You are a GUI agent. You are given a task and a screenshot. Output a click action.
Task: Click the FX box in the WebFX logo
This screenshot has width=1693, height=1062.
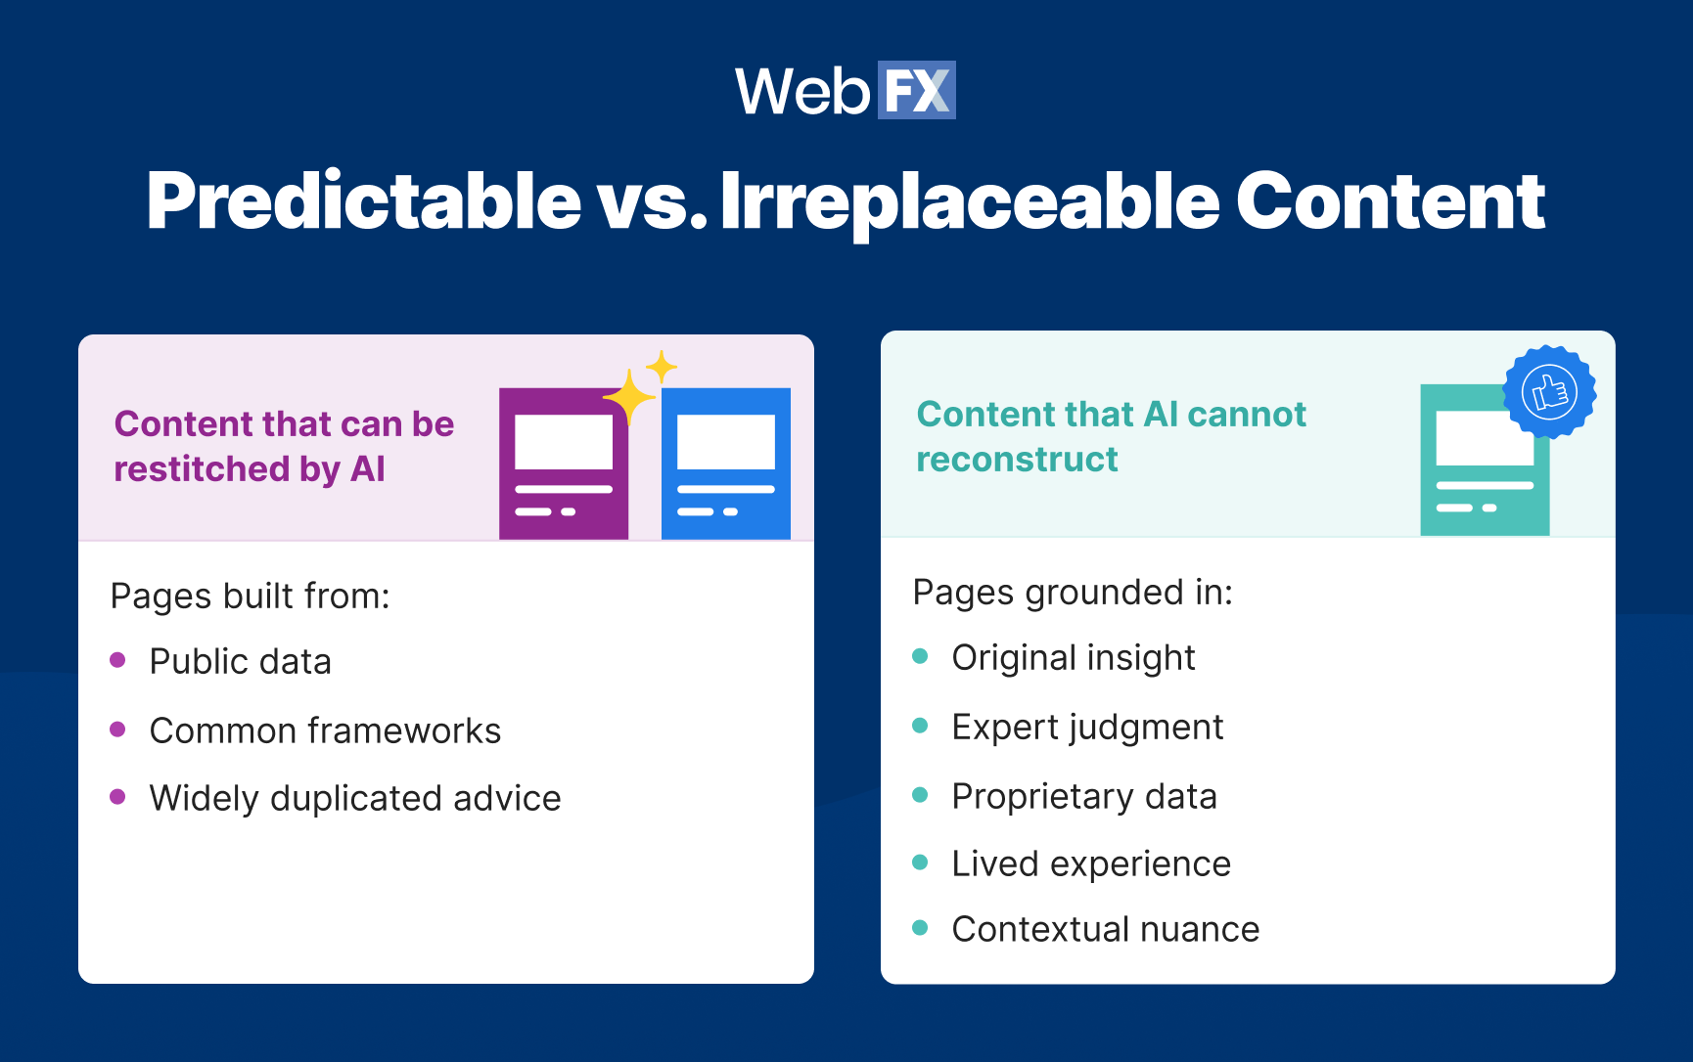point(916,91)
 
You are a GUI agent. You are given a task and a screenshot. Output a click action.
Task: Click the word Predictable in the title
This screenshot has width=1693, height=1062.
point(364,202)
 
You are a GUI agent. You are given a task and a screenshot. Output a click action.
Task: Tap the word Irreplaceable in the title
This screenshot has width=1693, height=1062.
point(969,202)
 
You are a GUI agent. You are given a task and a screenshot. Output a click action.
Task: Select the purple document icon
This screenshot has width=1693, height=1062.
point(564,464)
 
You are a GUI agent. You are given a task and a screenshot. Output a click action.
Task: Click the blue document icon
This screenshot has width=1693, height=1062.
point(725,464)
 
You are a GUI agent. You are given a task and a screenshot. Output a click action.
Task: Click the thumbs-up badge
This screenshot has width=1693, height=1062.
point(1549,392)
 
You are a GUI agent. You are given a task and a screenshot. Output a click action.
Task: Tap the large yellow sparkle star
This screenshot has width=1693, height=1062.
point(628,397)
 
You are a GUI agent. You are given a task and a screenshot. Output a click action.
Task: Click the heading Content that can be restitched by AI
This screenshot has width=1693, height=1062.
point(284,446)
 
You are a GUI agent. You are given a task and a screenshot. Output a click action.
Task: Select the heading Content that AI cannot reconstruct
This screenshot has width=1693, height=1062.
point(1111,436)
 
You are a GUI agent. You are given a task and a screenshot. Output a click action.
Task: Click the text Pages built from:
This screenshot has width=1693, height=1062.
point(251,596)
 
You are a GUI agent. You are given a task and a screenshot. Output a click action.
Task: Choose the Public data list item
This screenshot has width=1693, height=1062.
point(241,662)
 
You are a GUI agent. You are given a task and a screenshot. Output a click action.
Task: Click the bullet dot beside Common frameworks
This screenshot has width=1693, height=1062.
point(118,730)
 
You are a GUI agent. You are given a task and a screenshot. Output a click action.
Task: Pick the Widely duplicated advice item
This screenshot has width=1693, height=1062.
point(355,798)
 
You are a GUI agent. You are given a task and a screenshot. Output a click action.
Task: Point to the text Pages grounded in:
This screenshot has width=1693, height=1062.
point(1073,593)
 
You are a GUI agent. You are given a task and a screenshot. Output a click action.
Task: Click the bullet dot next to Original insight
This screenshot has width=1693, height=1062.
point(920,656)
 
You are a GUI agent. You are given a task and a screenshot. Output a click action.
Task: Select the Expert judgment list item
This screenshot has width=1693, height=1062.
point(1087,728)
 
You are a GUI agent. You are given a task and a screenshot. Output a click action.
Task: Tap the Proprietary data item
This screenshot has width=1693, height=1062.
point(1084,797)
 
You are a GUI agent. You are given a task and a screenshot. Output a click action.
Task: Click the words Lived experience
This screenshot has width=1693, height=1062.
point(1091,864)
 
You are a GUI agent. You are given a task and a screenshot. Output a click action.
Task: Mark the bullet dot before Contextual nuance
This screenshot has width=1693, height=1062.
point(920,928)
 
